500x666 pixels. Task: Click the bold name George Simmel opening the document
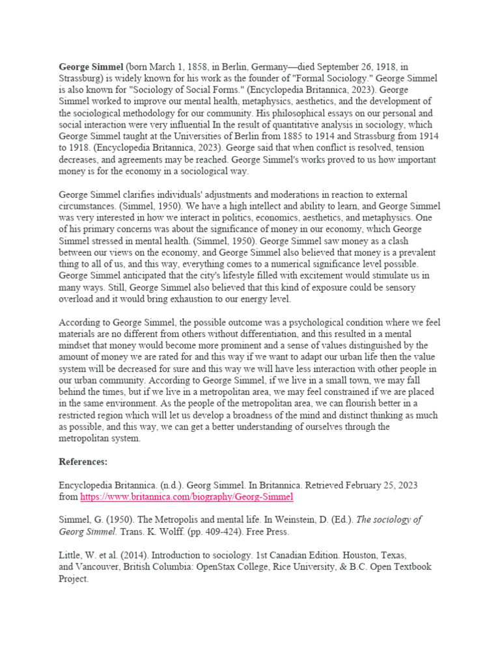tap(90, 66)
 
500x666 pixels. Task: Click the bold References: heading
tap(83, 462)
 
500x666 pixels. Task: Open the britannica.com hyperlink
tap(187, 497)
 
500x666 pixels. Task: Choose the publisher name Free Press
tap(257, 532)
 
